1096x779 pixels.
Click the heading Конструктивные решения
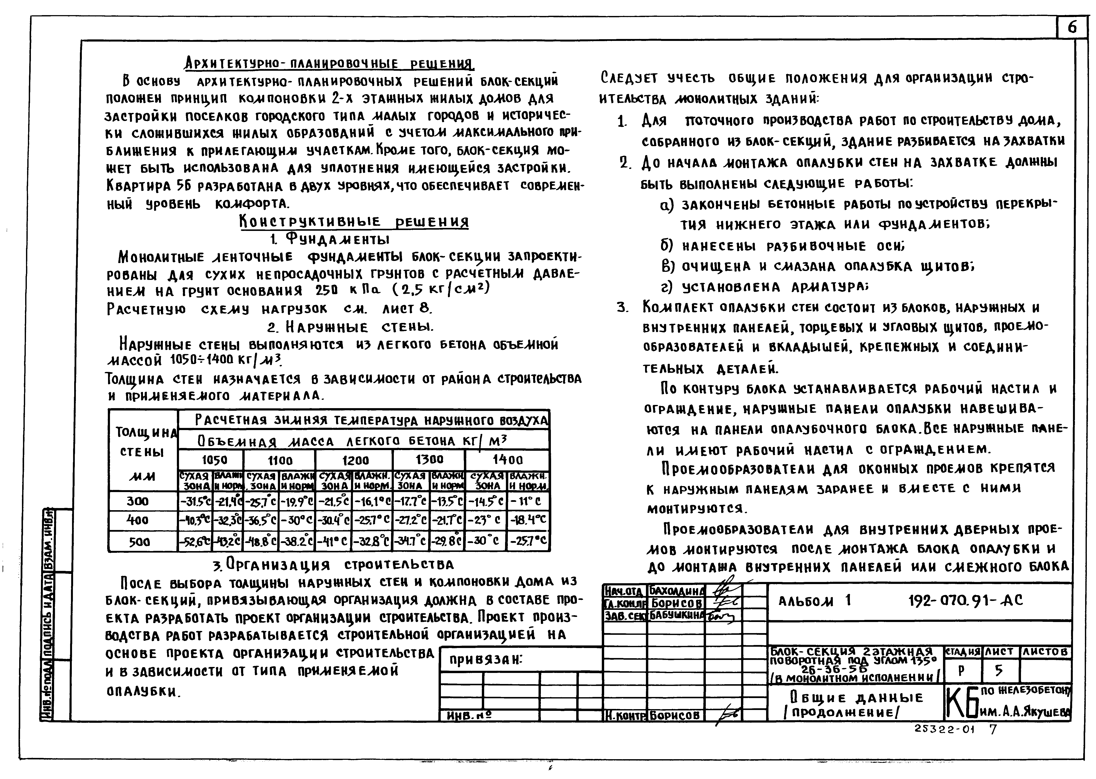(x=354, y=222)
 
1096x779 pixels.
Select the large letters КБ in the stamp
(x=962, y=704)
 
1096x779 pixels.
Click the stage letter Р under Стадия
(x=961, y=671)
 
